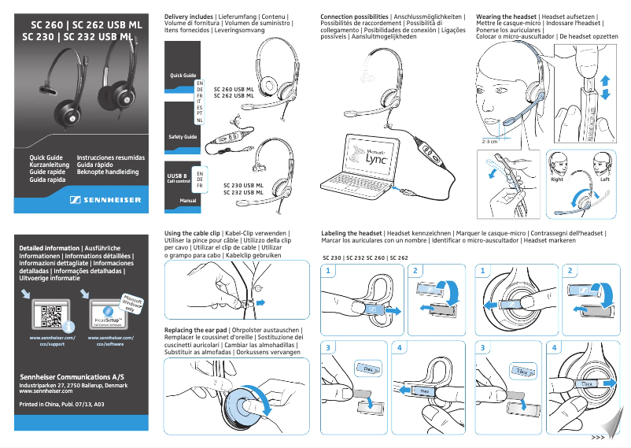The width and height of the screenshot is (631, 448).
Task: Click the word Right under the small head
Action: click(x=557, y=180)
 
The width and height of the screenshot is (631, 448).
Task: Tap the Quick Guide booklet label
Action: click(x=183, y=76)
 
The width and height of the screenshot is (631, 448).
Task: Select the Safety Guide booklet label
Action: click(x=183, y=137)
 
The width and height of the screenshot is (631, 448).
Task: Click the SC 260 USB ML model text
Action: click(x=234, y=90)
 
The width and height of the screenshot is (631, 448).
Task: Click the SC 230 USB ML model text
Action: click(x=234, y=186)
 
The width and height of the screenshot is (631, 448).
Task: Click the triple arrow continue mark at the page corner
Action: click(x=598, y=437)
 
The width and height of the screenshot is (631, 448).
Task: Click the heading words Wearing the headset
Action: click(x=508, y=17)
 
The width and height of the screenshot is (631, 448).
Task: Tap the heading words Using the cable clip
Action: click(x=192, y=234)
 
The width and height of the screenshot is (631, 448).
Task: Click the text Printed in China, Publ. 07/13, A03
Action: click(x=61, y=405)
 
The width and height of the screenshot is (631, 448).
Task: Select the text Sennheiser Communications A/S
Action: click(x=72, y=377)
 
